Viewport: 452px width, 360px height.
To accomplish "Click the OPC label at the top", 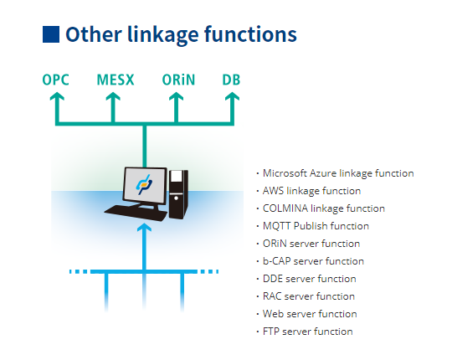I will coord(55,80).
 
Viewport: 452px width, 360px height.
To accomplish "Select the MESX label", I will coord(115,80).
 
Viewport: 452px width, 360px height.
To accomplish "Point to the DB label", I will coord(232,80).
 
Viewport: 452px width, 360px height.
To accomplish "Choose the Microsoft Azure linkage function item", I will coord(338,173).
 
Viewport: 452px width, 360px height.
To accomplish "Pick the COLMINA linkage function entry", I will coord(323,208).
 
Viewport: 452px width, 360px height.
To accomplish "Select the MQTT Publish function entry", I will coord(316,226).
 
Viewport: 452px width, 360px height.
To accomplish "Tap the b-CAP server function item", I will coord(313,261).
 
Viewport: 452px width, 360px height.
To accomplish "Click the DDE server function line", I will coord(309,279).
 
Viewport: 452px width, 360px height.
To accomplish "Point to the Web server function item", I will coord(310,314).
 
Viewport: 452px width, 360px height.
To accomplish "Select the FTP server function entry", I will coord(307,332).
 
